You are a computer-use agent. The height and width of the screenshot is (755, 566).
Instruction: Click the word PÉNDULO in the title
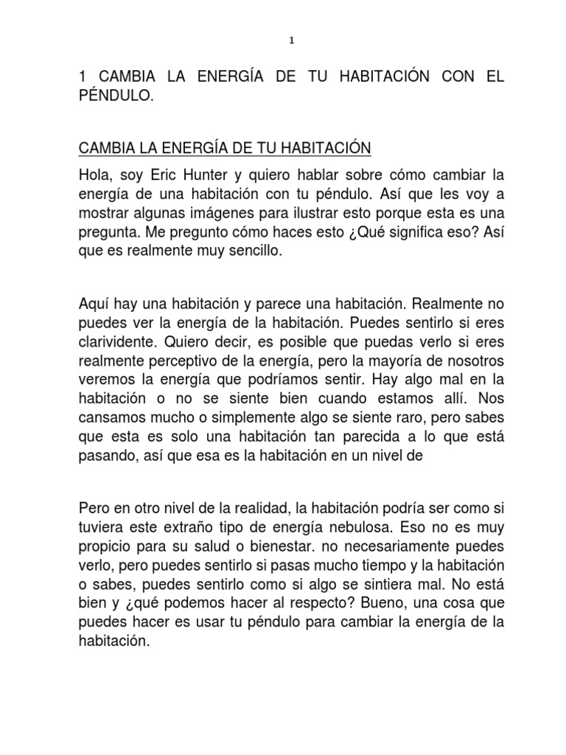(116, 97)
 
